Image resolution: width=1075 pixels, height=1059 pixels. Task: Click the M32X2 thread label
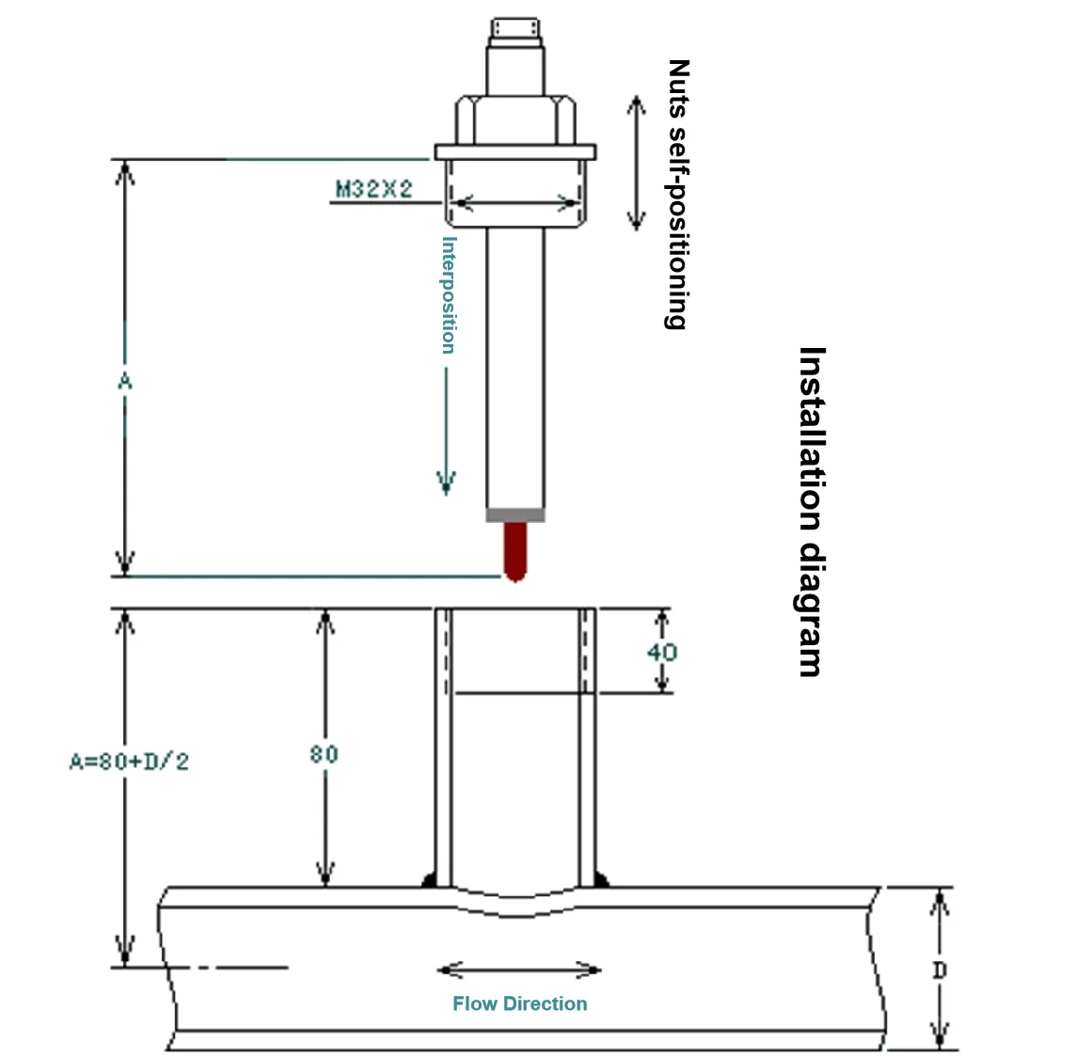[374, 189]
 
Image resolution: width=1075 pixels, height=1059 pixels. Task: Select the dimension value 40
[662, 652]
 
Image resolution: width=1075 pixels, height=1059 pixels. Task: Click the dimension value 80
[324, 753]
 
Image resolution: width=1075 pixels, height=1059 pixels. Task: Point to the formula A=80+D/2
[129, 761]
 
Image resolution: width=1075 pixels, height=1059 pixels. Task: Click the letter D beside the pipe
[939, 970]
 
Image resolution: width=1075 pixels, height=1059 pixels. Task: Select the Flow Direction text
[519, 1004]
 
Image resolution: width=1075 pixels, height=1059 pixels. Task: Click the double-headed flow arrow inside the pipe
[519, 970]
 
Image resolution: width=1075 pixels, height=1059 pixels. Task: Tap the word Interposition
[449, 294]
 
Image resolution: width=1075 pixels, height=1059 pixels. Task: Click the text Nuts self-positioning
[678, 195]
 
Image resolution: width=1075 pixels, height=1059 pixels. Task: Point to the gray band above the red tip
[514, 515]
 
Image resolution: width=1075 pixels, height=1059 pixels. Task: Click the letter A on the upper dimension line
[124, 380]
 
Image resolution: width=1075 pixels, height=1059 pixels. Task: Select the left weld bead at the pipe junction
[428, 880]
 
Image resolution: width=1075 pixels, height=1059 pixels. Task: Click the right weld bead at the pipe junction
[601, 880]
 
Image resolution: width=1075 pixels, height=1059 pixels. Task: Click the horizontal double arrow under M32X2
[514, 202]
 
